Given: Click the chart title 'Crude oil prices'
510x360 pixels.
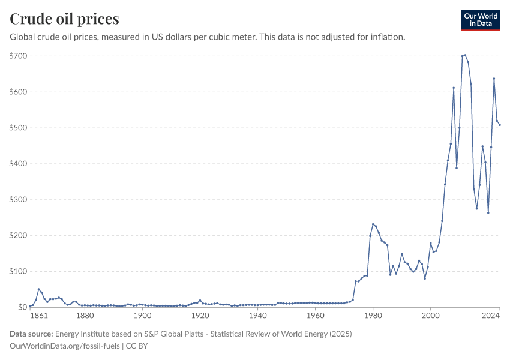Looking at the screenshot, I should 64,19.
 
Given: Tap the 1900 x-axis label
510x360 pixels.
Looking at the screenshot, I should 142,316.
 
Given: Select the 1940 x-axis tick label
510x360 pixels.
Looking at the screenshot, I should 257,316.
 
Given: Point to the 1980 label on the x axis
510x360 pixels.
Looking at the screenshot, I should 373,316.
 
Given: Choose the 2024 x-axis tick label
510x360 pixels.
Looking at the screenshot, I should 491,316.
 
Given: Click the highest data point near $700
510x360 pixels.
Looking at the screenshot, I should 465,55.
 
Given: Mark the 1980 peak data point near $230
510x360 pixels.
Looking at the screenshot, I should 373,224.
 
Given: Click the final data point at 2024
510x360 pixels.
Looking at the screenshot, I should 500,125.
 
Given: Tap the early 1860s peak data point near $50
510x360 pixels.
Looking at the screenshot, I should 38,289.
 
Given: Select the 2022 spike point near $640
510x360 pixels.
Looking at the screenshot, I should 494,79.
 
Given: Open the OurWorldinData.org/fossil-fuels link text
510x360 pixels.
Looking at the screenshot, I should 65,346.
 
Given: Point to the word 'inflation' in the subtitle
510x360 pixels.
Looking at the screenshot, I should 387,37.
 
